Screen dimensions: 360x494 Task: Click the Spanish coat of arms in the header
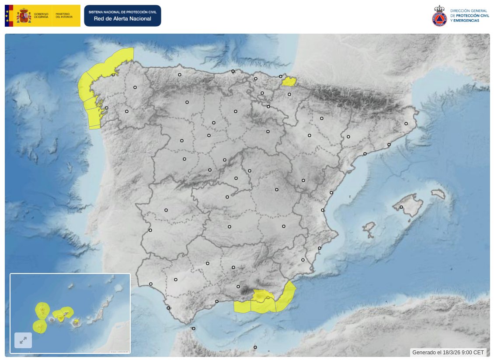(x=24, y=16)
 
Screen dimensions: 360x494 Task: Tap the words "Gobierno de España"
(x=42, y=15)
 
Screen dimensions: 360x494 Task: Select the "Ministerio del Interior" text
(x=63, y=15)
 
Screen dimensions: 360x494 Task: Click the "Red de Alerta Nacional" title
(x=122, y=19)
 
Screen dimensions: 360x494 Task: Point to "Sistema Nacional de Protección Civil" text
(x=122, y=12)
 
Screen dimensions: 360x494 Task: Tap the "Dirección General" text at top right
(x=465, y=10)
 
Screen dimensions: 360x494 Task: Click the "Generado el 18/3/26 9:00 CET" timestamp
(x=448, y=352)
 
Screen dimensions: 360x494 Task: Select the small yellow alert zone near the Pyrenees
(x=289, y=81)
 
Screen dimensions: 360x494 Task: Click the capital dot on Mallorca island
(x=401, y=207)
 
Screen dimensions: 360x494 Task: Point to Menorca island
(x=438, y=194)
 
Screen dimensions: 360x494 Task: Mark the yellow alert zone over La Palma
(x=42, y=310)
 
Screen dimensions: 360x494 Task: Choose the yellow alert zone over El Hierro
(x=40, y=326)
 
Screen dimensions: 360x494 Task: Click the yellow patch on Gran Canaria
(x=77, y=322)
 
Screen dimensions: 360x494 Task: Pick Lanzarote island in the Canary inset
(x=117, y=289)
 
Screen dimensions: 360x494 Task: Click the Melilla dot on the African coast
(x=255, y=347)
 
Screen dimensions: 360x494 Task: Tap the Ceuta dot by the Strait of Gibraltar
(x=193, y=329)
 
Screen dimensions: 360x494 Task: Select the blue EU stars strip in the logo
(x=7, y=16)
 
